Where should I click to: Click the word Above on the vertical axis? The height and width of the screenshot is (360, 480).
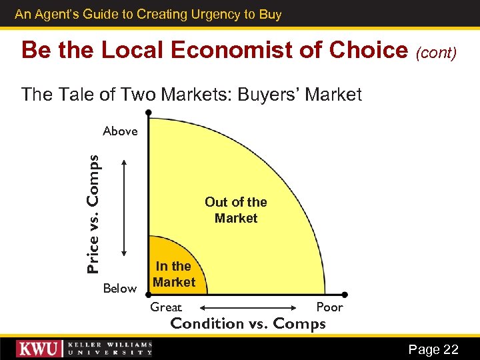click(x=120, y=131)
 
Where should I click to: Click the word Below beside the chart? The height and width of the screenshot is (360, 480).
click(x=120, y=289)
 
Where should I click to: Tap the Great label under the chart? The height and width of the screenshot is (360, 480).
click(x=166, y=307)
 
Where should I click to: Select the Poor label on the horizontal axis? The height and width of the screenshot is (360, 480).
click(x=329, y=307)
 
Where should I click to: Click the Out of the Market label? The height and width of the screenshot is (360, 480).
click(x=236, y=210)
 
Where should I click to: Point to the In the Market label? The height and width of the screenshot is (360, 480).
click(x=173, y=274)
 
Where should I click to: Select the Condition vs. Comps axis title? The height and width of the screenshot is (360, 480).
click(x=248, y=324)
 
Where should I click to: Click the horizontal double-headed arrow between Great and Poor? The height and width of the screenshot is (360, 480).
click(x=248, y=307)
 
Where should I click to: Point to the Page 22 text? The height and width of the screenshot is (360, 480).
click(x=433, y=349)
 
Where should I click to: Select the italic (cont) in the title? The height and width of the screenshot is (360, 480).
click(x=437, y=52)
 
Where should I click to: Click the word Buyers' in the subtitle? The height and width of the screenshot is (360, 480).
click(x=274, y=95)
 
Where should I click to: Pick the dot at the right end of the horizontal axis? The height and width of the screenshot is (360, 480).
click(x=344, y=294)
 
